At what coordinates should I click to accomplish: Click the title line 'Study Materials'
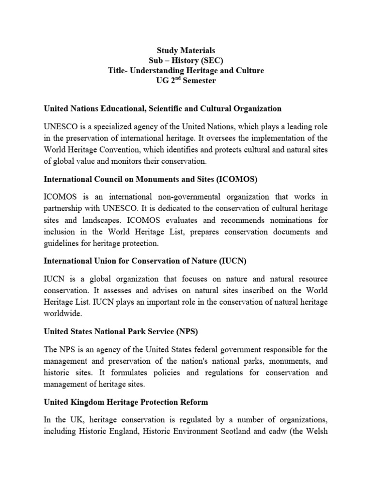pos(186,50)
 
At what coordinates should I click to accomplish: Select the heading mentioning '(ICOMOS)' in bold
pos(151,179)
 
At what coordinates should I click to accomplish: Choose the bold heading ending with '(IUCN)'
pos(145,261)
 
